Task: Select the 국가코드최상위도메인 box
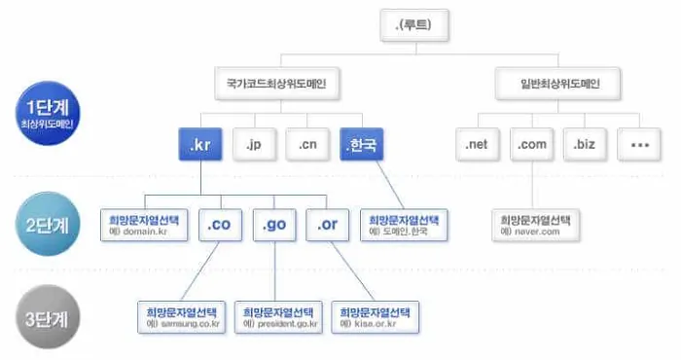(x=278, y=85)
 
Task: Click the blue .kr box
(x=202, y=145)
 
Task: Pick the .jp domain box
(x=255, y=145)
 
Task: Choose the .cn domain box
(x=307, y=145)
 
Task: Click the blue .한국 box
(x=361, y=145)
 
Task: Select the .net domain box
(x=477, y=145)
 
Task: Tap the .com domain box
(x=531, y=145)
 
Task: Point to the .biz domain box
(x=585, y=145)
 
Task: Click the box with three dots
(x=639, y=145)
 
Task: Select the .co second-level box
(x=219, y=225)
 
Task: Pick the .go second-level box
(x=272, y=225)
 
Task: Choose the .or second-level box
(x=326, y=225)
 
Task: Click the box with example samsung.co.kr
(x=181, y=317)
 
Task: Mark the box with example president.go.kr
(x=278, y=317)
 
